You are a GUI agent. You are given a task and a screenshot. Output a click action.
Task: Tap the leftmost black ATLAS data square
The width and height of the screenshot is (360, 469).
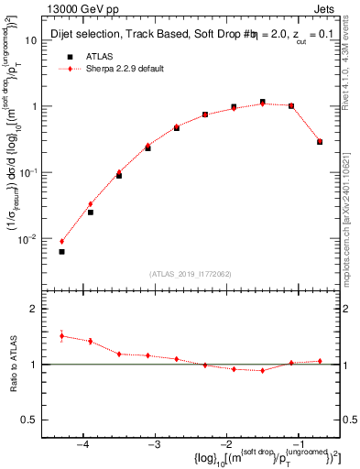coord(61,251)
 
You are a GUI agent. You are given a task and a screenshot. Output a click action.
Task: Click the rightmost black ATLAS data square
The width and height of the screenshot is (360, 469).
coord(320,142)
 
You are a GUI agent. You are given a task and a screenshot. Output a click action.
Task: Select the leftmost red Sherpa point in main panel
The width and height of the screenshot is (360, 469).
coord(61,241)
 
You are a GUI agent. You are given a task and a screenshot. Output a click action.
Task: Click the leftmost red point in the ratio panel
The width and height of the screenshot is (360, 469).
coord(61,336)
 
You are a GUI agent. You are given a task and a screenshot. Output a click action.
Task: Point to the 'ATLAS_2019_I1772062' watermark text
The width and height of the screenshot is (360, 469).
coord(191,274)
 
